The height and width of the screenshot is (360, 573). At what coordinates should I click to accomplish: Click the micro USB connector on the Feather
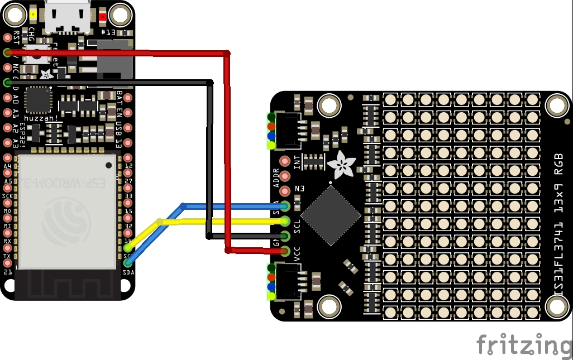point(68,17)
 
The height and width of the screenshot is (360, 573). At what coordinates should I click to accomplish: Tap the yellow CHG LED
point(34,15)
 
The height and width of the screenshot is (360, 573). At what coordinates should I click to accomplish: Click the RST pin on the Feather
point(8,38)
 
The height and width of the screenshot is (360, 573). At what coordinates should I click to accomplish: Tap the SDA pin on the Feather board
point(128,262)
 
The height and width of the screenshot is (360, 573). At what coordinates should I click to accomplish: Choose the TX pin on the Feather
point(8,256)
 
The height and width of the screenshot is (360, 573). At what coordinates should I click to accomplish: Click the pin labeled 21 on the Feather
point(8,271)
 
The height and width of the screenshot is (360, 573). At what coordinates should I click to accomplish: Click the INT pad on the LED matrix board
point(285,162)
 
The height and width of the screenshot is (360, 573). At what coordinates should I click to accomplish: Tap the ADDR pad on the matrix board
point(285,177)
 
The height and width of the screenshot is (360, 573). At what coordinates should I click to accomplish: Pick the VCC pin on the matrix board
point(285,251)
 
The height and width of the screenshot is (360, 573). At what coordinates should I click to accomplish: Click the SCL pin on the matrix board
point(285,221)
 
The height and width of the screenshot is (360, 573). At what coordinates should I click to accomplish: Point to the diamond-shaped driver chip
point(330,215)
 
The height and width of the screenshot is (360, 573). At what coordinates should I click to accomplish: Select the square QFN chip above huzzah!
point(39,100)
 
